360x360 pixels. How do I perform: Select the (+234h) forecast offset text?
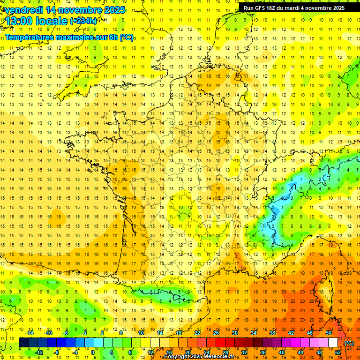pyautogui.click(x=84, y=21)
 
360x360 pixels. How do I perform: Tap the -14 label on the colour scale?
pyautogui.click(x=30, y=333)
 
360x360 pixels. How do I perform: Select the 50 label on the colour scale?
pyautogui.click(x=329, y=333)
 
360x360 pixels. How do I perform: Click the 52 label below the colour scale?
pyautogui.click(x=338, y=352)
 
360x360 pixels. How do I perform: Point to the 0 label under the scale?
pyautogui.click(x=93, y=352)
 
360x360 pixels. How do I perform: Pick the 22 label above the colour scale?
pyautogui.click(x=197, y=333)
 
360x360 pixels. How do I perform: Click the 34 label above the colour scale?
pyautogui.click(x=254, y=333)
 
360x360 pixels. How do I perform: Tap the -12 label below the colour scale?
pyautogui.click(x=39, y=352)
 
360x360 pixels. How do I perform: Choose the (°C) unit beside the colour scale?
pyautogui.click(x=349, y=343)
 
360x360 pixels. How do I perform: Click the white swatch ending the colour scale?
pyautogui.click(x=333, y=343)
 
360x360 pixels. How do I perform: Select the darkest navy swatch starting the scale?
pyautogui.click(x=23, y=343)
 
